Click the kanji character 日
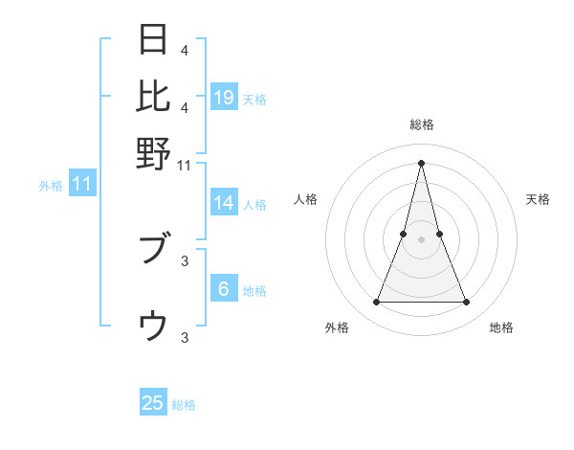pyautogui.click(x=154, y=41)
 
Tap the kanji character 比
pyautogui.click(x=154, y=96)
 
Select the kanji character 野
pyautogui.click(x=154, y=153)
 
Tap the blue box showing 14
pyautogui.click(x=224, y=203)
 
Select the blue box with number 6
pyautogui.click(x=224, y=289)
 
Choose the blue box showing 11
pyautogui.click(x=82, y=185)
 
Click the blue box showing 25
pyautogui.click(x=153, y=403)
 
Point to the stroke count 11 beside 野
pyautogui.click(x=185, y=166)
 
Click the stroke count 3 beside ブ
pyautogui.click(x=185, y=259)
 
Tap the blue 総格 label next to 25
pyautogui.click(x=184, y=405)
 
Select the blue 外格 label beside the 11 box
pyautogui.click(x=50, y=186)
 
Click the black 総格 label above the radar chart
pyautogui.click(x=421, y=124)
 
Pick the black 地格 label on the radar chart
pyautogui.click(x=501, y=327)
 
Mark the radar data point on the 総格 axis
pyautogui.click(x=421, y=162)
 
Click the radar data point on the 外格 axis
pyautogui.click(x=376, y=303)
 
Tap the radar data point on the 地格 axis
pyautogui.click(x=467, y=303)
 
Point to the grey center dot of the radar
pyautogui.click(x=421, y=239)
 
